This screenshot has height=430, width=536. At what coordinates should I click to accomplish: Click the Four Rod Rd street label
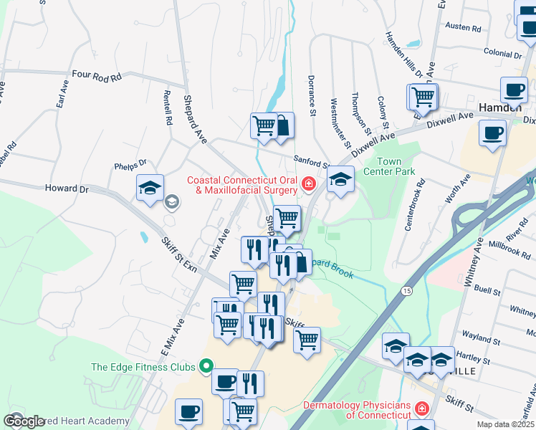(x=97, y=75)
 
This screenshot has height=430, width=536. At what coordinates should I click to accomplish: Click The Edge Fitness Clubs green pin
(x=206, y=367)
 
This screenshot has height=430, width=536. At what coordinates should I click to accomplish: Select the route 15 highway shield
(x=407, y=290)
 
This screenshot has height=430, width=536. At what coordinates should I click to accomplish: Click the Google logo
(x=23, y=421)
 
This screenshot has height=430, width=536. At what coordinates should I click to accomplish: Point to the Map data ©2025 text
(x=505, y=424)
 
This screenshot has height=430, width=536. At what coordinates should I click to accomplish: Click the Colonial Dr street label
(x=502, y=54)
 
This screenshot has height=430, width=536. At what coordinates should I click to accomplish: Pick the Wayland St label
(x=481, y=334)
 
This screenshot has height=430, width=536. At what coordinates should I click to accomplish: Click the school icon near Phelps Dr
(x=150, y=188)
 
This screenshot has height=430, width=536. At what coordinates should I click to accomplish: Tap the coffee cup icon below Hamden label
(x=492, y=133)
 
